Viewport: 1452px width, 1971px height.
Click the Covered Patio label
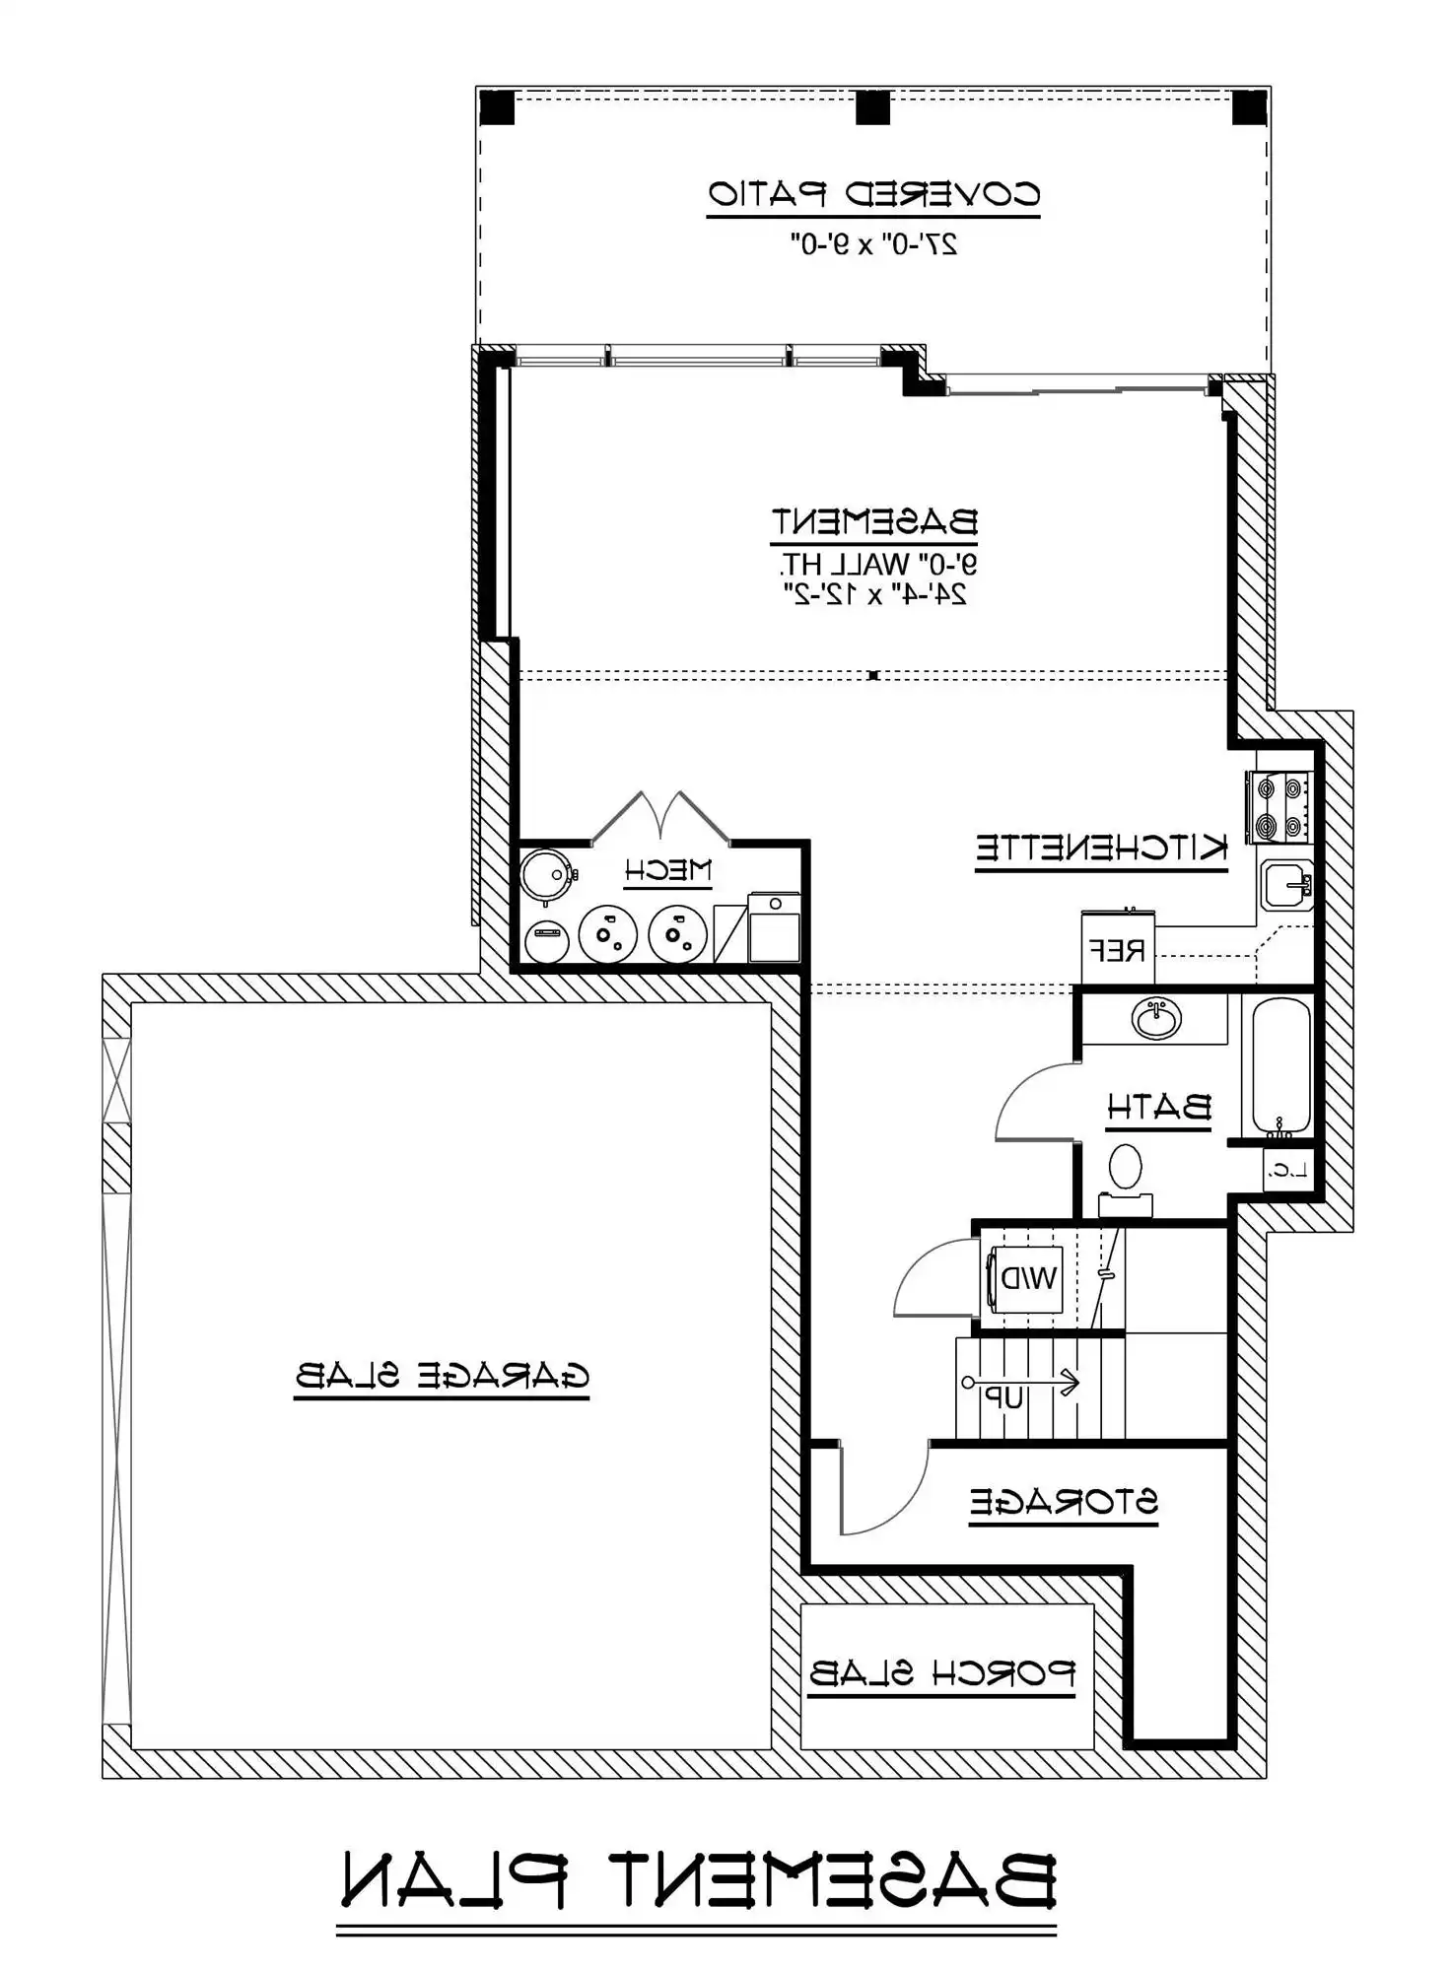pos(873,193)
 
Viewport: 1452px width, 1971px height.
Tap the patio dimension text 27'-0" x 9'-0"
pos(873,243)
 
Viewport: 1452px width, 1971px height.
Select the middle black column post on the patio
pos(872,107)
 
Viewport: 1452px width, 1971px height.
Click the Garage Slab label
pos(442,1375)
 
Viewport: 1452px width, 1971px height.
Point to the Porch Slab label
pos(941,1673)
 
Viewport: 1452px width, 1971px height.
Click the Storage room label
pos(1063,1502)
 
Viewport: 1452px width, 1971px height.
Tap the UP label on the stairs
pos(1007,1397)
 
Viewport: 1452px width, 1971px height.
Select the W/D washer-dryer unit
pos(1026,1278)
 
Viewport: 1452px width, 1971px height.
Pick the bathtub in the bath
pos(1281,1065)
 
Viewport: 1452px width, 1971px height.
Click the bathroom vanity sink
pos(1156,1018)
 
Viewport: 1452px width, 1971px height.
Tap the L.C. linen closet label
pos(1288,1171)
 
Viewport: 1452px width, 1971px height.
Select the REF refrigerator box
pos(1118,949)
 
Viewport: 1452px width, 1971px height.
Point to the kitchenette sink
pos(1285,884)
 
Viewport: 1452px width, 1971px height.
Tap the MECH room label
pos(667,870)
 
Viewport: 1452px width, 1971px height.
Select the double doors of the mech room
pos(660,817)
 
